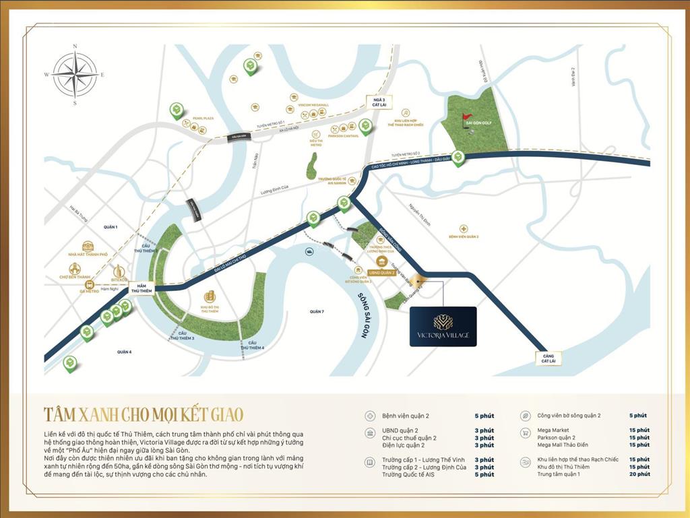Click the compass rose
(75, 75)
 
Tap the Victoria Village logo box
(443, 327)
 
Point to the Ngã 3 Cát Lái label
(373, 102)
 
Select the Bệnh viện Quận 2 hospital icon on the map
(464, 229)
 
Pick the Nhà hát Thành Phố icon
(88, 247)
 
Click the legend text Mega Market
(553, 430)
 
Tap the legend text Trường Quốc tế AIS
(409, 474)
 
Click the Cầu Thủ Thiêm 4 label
(253, 346)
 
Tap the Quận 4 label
(123, 352)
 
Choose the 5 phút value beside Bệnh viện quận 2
(484, 416)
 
